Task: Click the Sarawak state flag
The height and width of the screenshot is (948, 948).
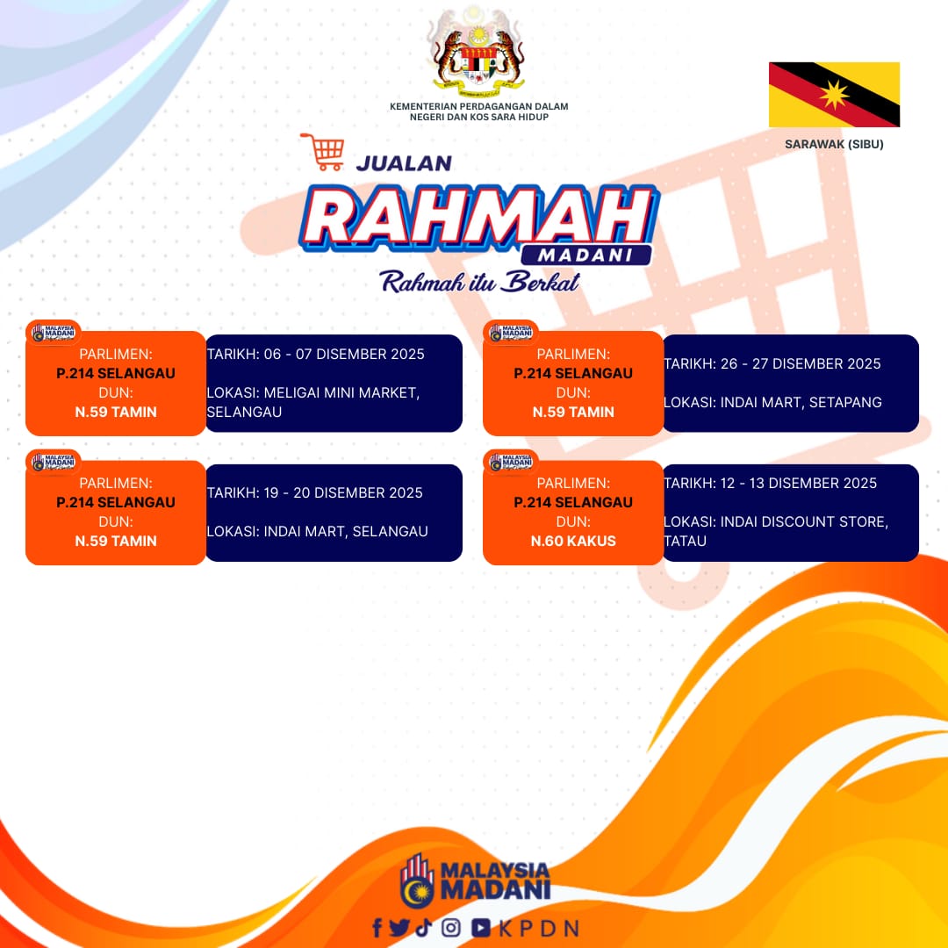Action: pos(834,94)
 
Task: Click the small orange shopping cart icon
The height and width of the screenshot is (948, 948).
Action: pos(323,152)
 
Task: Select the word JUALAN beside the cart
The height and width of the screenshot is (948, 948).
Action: pos(404,163)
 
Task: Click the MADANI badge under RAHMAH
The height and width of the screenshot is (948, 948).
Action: pos(585,255)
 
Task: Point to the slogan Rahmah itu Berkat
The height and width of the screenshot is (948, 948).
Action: pos(479,282)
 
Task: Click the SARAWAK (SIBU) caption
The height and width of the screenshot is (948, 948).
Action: pos(834,144)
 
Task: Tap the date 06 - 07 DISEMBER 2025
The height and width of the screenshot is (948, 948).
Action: pos(344,355)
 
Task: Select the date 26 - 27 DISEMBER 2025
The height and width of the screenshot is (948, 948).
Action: pos(801,364)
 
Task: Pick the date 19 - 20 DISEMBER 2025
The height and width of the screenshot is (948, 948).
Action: pos(343,492)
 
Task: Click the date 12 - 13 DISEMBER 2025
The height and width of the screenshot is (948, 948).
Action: pos(798,483)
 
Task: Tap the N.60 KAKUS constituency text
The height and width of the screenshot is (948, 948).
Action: pos(573,541)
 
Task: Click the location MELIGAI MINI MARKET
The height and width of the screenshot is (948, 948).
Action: pos(341,393)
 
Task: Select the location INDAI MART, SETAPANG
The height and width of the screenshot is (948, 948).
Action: pos(801,402)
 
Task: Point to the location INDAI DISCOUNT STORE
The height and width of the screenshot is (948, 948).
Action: pos(803,521)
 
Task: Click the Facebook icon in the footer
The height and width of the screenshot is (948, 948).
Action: pos(377,928)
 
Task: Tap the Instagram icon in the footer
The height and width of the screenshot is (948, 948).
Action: pos(450,928)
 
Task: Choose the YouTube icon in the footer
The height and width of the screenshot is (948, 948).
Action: pos(481,928)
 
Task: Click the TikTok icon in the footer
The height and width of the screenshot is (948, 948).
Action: pos(424,928)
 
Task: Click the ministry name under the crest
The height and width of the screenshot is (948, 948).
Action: pos(479,111)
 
